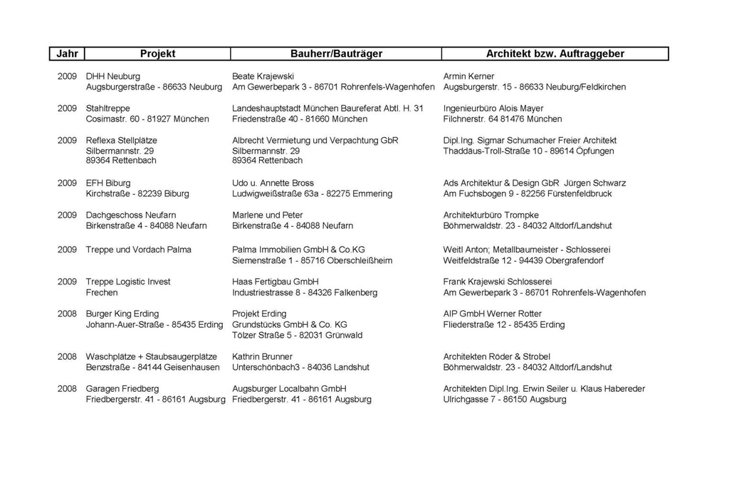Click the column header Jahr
[67, 54]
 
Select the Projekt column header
[157, 54]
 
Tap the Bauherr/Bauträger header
[336, 54]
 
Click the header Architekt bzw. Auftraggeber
[555, 54]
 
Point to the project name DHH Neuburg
[113, 76]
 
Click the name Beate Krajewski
[263, 76]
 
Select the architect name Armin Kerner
[468, 76]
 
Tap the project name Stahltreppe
[108, 108]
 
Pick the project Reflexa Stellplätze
[122, 140]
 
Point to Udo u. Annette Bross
[273, 183]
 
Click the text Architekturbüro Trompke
[491, 215]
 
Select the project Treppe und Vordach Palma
[139, 250]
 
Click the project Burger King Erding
[122, 314]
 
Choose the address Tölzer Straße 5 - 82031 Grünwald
[297, 335]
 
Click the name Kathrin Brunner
[262, 356]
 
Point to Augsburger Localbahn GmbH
[289, 389]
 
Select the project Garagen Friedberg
[122, 389]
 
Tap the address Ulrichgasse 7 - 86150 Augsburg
[504, 400]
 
